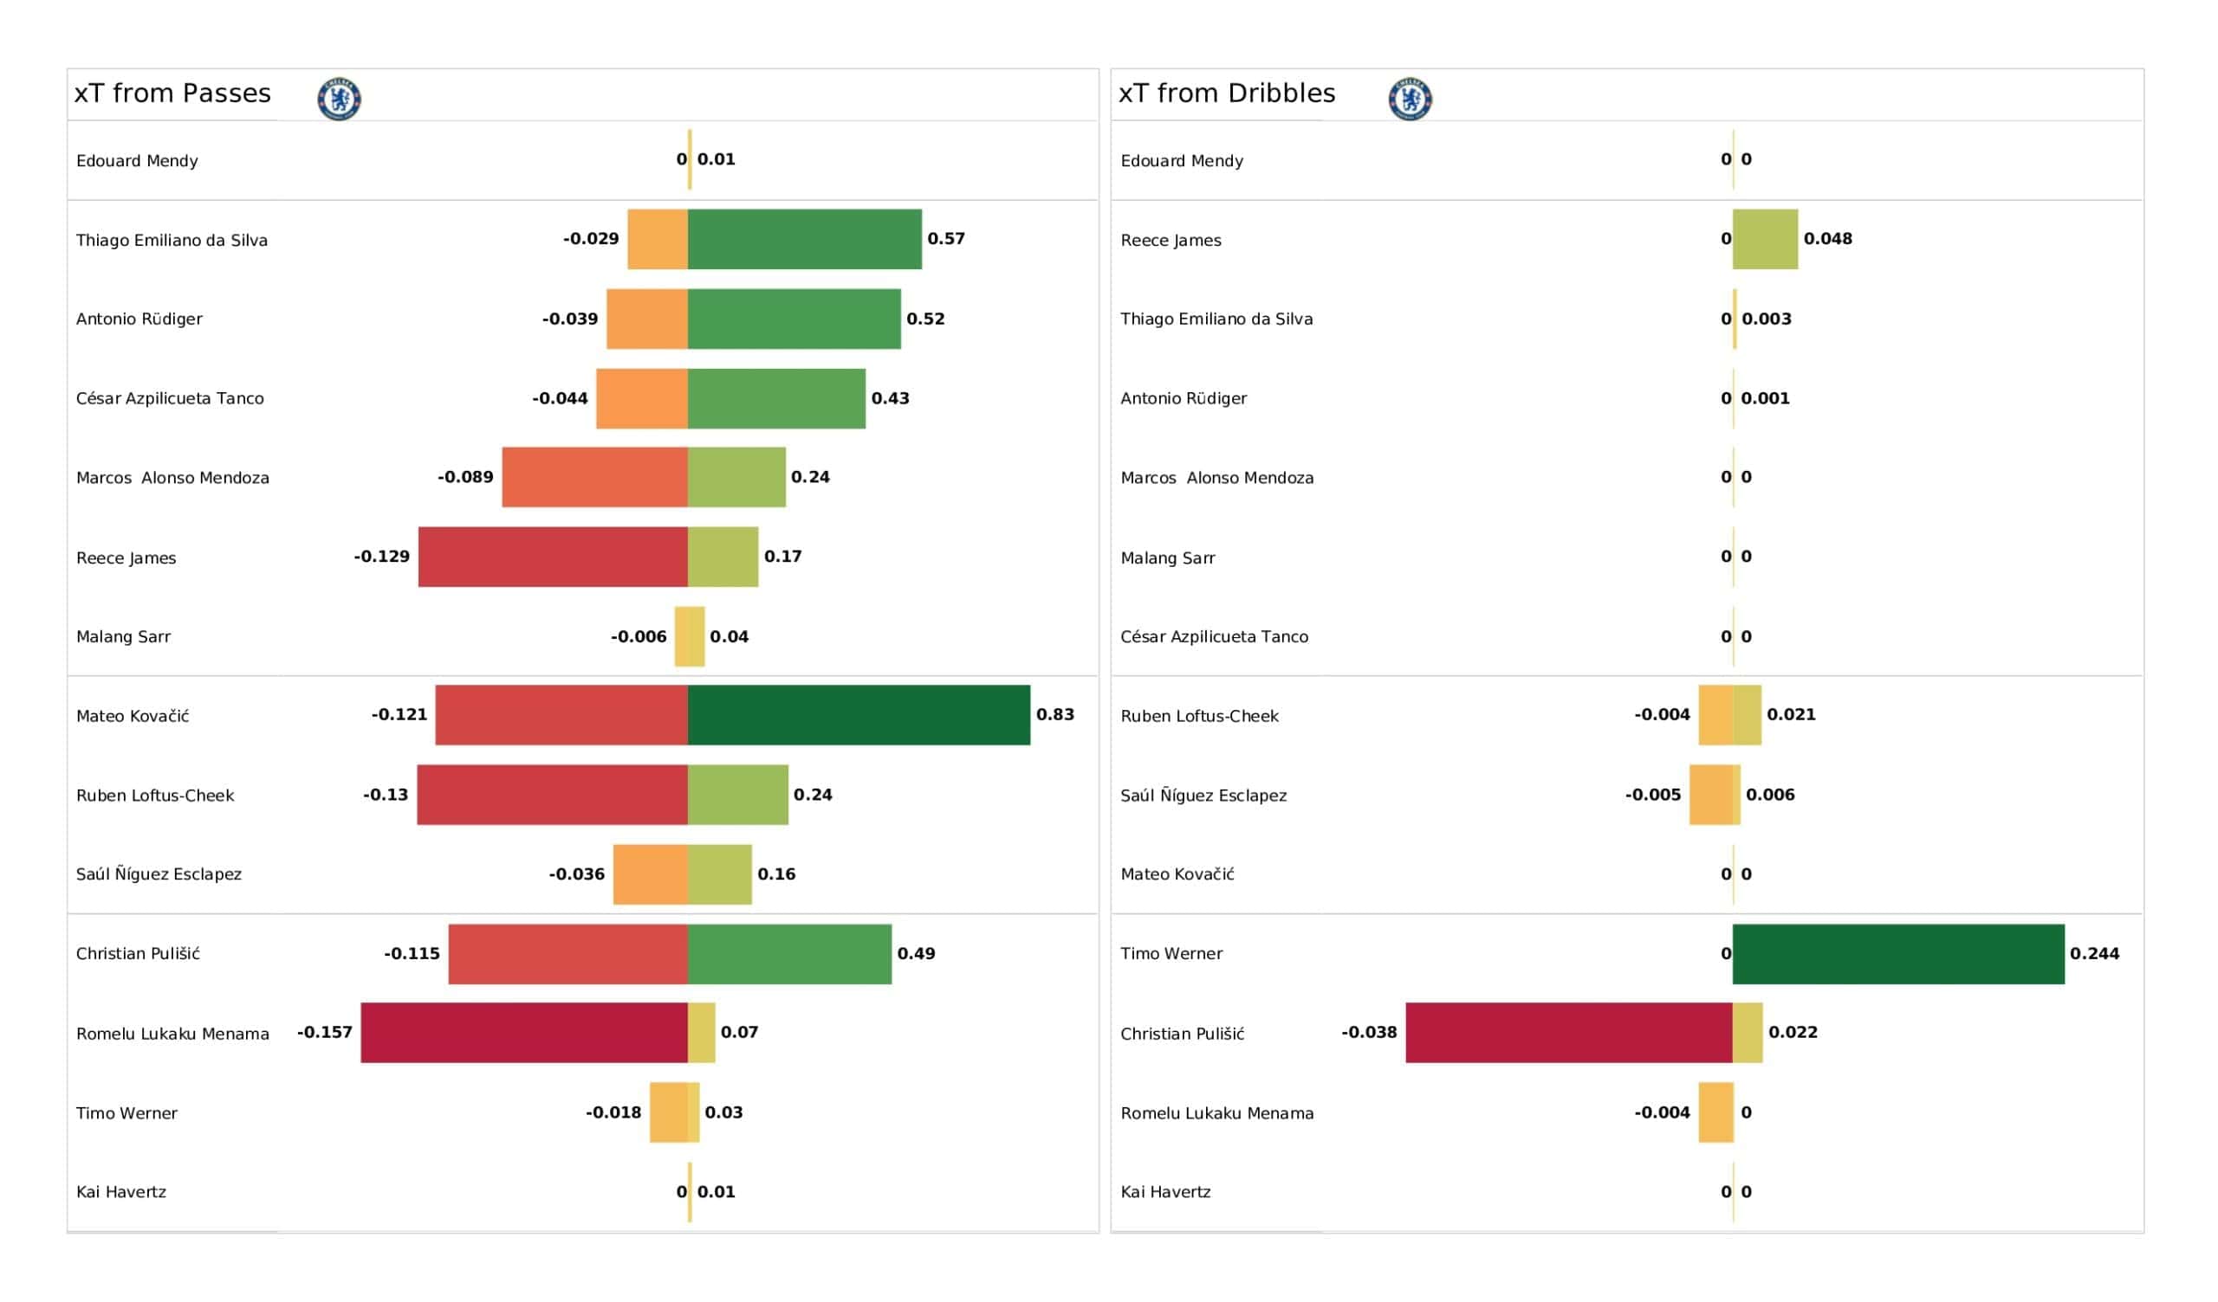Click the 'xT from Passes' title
[172, 94]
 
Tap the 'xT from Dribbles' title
[1226, 94]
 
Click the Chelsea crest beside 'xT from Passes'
[339, 99]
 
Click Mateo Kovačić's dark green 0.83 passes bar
[858, 715]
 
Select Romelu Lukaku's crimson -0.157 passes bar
[523, 1033]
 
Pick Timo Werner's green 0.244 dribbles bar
[1897, 954]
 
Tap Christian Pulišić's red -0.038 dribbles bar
[1568, 1033]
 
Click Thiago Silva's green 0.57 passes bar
[805, 239]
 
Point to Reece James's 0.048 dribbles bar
[1765, 239]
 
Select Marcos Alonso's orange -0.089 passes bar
[594, 477]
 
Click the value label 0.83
[1054, 714]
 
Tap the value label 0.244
[2094, 954]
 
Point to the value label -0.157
[325, 1032]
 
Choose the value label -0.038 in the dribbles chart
[1369, 1032]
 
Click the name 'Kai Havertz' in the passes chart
[121, 1192]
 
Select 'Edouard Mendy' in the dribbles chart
[1181, 161]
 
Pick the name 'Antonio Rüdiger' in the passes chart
[139, 319]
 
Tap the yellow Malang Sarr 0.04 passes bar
[696, 636]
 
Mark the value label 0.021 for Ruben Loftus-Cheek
[1790, 714]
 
